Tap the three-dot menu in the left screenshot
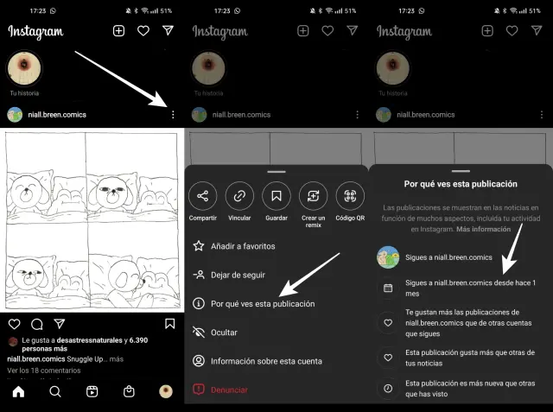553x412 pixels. pos(173,115)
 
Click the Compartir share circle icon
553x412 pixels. pos(202,196)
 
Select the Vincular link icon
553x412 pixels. pos(239,196)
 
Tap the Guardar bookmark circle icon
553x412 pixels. pos(276,196)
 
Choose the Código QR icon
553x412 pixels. pos(350,196)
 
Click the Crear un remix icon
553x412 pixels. pos(313,196)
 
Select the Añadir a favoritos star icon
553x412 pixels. pos(199,246)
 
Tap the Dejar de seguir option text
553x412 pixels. pos(238,275)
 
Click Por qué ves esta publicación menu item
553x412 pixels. pos(263,304)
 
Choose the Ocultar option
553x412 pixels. pos(224,333)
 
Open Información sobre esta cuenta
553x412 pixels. pos(266,361)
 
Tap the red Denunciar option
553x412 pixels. pos(229,390)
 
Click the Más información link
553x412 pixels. pos(484,229)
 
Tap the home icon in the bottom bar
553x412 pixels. pos(18,391)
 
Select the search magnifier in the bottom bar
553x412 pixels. pos(55,391)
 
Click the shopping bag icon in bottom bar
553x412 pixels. pos(129,391)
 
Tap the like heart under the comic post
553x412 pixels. pos(14,324)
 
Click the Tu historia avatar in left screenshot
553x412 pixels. pos(24,68)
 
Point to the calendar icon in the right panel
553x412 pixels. pos(388,288)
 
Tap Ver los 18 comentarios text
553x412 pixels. pos(44,371)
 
